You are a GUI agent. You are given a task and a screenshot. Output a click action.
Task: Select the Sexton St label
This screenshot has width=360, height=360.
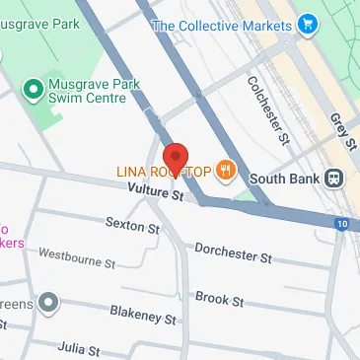pyautogui.click(x=132, y=227)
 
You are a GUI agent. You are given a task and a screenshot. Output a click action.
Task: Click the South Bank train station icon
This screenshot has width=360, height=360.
pyautogui.click(x=335, y=180)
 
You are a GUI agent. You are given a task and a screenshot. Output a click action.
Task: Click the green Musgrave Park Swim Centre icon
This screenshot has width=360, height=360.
pyautogui.click(x=32, y=90)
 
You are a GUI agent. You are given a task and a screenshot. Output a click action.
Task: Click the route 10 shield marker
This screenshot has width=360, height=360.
pyautogui.click(x=340, y=225)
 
